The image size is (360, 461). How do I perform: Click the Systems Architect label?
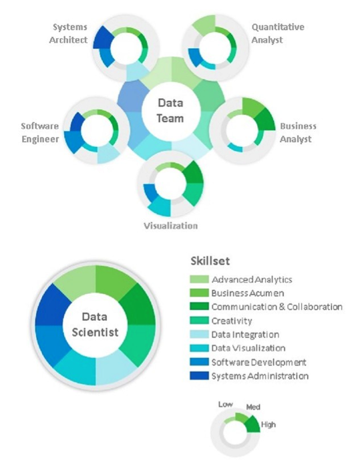tap(68, 33)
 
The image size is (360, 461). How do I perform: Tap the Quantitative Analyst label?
tap(278, 33)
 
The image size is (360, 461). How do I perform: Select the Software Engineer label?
tap(40, 132)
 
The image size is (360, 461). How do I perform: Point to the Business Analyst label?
tap(298, 132)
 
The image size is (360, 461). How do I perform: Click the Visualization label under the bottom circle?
tap(170, 226)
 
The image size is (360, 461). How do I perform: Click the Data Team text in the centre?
tap(170, 110)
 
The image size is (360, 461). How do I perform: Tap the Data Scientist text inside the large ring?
tap(96, 325)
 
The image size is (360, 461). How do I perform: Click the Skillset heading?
tap(210, 261)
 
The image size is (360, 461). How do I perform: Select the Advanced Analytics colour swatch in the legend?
tap(199, 279)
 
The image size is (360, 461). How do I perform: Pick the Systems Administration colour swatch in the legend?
tap(199, 375)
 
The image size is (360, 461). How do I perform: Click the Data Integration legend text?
tap(245, 335)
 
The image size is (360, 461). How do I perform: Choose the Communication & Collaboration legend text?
tap(277, 307)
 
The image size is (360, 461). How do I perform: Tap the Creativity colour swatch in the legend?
tap(199, 321)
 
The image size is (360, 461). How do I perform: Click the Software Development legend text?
tap(258, 362)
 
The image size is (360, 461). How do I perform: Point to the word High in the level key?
tap(268, 424)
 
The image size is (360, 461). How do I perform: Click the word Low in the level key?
tap(225, 405)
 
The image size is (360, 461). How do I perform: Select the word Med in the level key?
tap(253, 407)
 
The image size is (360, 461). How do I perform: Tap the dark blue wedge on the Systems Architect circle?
tap(104, 37)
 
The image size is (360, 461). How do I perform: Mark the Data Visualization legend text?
tap(248, 348)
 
